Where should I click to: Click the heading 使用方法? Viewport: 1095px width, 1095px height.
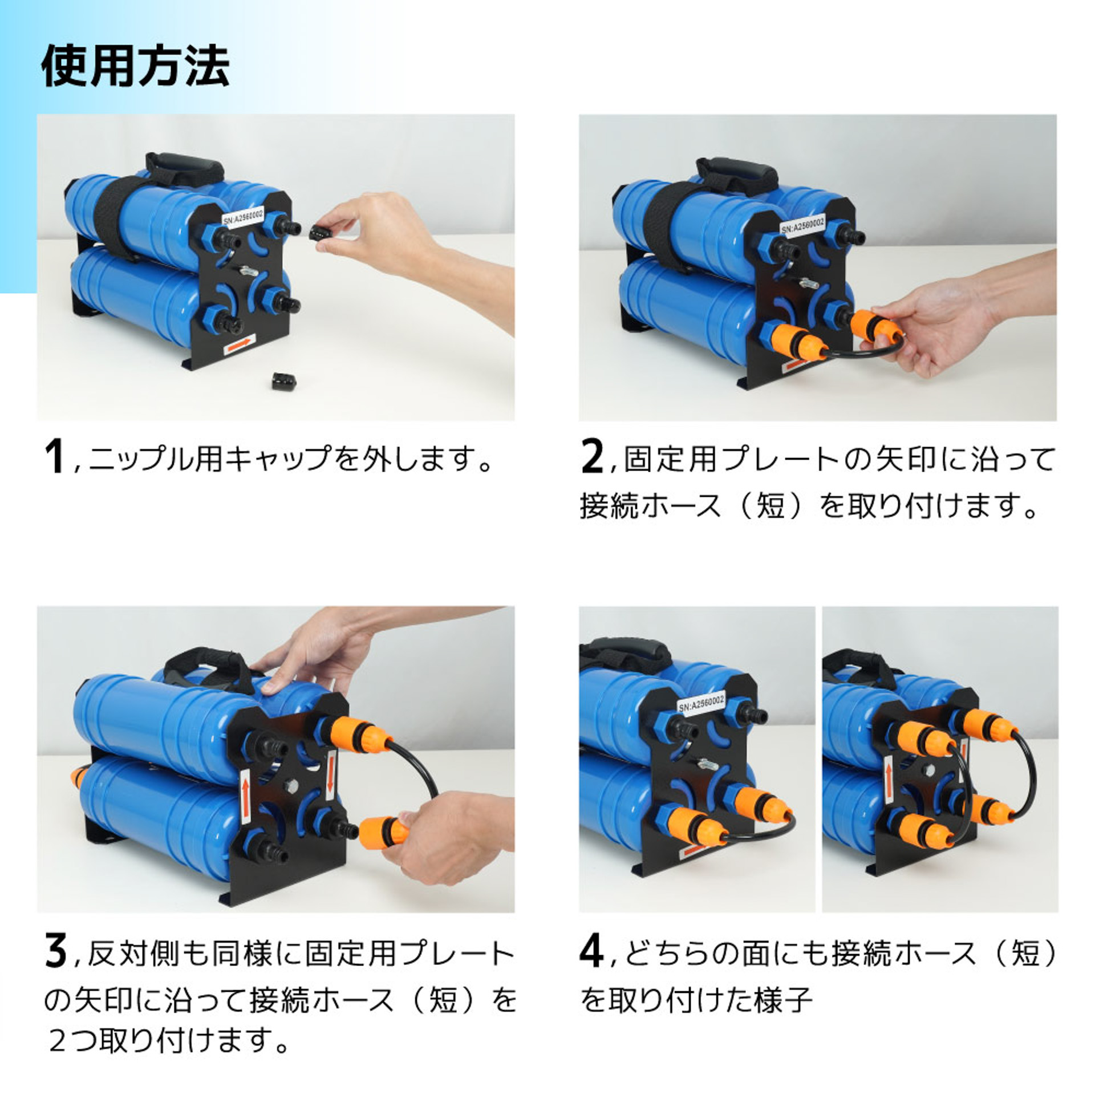[135, 67]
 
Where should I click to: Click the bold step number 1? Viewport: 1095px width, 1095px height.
[54, 457]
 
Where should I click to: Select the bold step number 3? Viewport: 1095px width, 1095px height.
[55, 951]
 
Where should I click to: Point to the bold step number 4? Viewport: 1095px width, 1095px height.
[591, 951]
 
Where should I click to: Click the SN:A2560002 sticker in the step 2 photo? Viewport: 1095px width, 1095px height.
[802, 226]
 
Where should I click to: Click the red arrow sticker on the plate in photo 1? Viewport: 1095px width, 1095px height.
[239, 344]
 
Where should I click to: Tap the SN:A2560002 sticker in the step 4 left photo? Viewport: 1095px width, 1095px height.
[701, 704]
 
